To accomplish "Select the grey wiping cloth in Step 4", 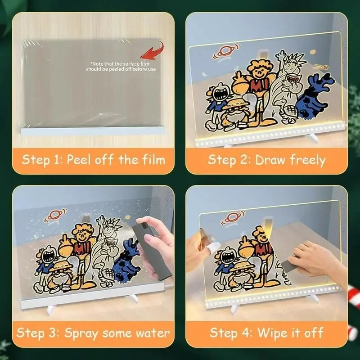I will point(292,265).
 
